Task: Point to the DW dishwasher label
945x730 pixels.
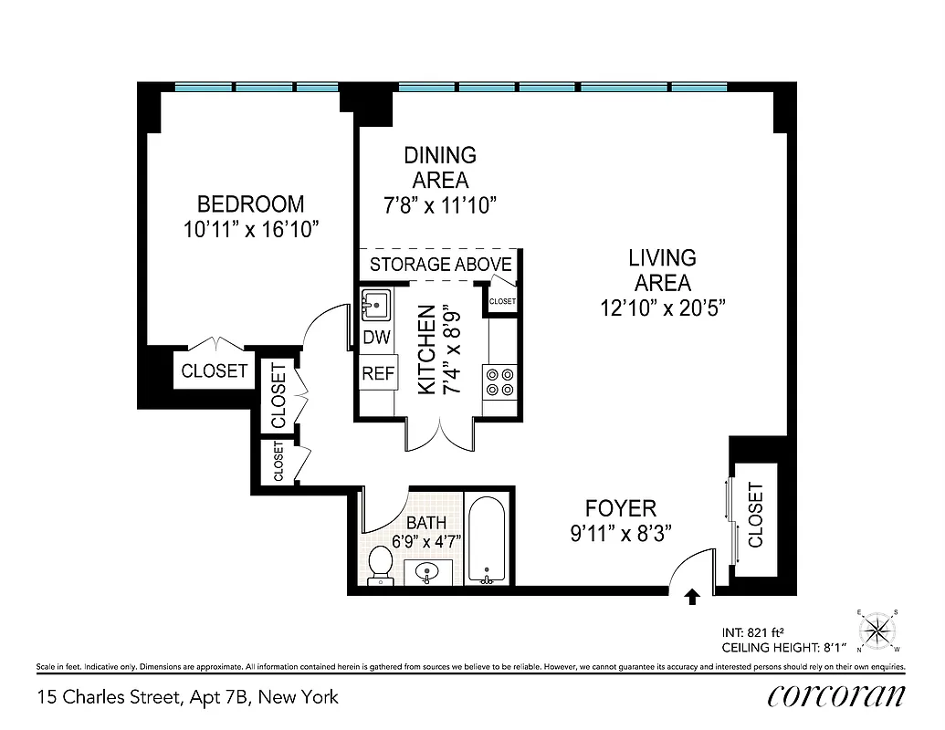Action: pos(376,338)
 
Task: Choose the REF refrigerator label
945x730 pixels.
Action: pos(376,373)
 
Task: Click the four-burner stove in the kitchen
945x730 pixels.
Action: pos(500,381)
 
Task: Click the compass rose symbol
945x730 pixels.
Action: pos(879,631)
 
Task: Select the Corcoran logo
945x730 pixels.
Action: pos(836,696)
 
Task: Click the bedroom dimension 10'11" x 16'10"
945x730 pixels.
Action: pos(250,229)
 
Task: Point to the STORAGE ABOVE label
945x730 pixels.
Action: pos(440,265)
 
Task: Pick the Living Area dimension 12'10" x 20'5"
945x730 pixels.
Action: pos(662,308)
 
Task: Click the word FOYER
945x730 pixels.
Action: pos(621,508)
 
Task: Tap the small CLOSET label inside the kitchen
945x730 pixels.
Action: pos(502,301)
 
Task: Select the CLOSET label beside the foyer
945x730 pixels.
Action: pos(755,515)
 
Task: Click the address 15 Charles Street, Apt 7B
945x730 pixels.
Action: pos(187,697)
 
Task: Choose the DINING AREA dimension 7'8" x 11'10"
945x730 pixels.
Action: pos(440,204)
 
